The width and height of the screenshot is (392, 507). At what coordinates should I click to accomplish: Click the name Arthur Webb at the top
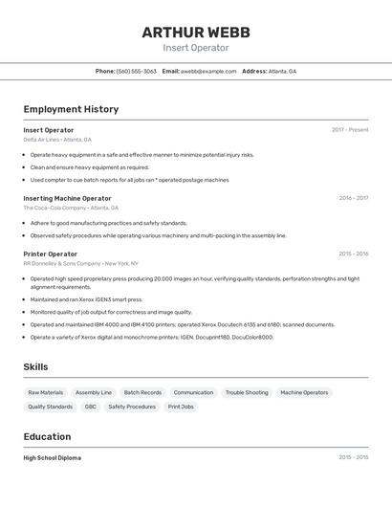tap(196, 32)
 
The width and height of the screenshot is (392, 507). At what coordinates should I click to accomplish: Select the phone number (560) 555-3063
tap(136, 71)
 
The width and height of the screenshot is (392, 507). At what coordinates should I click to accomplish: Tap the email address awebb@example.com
tap(207, 71)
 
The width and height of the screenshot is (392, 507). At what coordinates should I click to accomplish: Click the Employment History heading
tap(71, 109)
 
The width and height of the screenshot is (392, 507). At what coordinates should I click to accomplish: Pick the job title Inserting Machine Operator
tap(67, 198)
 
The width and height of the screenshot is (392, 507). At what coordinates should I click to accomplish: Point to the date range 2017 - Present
tap(350, 130)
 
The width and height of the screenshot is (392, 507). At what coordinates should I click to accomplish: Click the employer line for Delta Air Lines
tap(57, 140)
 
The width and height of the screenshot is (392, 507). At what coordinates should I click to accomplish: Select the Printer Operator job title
tap(51, 253)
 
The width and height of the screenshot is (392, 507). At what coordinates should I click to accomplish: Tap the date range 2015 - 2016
tap(353, 253)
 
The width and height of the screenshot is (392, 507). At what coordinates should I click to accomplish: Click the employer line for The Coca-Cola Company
tap(71, 208)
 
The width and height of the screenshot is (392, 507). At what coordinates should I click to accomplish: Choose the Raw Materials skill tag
tap(46, 392)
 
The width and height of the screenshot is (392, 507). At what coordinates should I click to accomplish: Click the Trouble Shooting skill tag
tap(247, 392)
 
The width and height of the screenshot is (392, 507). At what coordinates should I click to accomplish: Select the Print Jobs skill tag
tap(181, 407)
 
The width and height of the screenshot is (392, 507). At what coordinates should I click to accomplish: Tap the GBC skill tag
tap(90, 407)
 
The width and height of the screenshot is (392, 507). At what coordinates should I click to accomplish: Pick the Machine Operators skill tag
tap(304, 392)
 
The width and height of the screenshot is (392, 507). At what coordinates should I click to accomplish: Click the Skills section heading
tap(35, 366)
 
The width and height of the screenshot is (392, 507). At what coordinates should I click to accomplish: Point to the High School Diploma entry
tap(53, 458)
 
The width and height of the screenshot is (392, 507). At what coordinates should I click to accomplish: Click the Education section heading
tap(47, 436)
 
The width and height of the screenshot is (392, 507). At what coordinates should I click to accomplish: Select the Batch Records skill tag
tap(142, 392)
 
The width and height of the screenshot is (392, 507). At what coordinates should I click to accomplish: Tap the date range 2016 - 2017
tap(353, 198)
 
